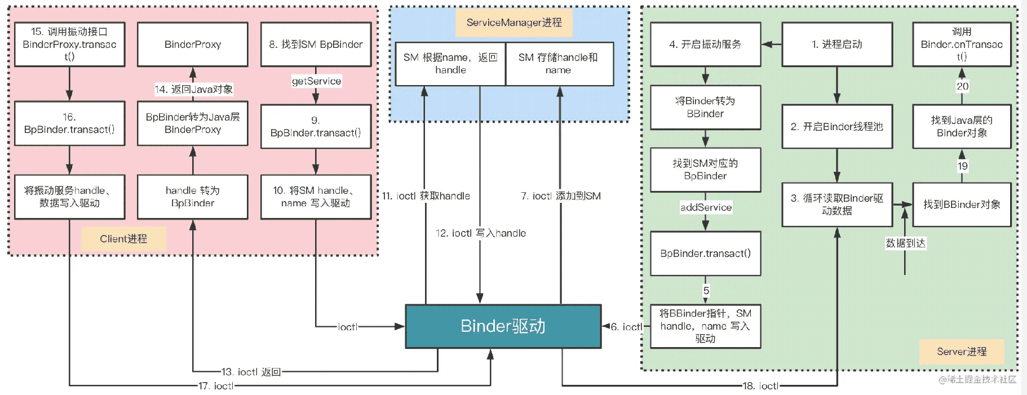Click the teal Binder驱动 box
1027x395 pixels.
[503, 326]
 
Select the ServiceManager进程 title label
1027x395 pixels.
[513, 23]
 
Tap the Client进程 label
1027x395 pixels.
[123, 239]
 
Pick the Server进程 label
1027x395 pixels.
[961, 352]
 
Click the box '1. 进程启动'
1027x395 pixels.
[836, 45]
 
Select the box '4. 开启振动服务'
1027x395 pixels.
[705, 45]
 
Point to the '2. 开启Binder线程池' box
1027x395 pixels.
[836, 127]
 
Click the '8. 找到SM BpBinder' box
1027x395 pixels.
[316, 45]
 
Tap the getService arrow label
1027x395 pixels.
[316, 81]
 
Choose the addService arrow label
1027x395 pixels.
[706, 207]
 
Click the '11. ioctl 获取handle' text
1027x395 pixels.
[426, 196]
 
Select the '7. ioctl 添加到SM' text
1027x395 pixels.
[560, 196]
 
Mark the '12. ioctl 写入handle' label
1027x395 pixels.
[480, 233]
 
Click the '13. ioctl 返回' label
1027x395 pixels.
[251, 372]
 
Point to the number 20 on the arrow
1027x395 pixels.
[962, 86]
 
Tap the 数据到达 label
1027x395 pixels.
[905, 243]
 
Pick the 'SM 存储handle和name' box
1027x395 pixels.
[559, 64]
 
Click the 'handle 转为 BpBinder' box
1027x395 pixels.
[193, 197]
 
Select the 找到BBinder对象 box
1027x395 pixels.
[962, 205]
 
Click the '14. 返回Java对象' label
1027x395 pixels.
[193, 89]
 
